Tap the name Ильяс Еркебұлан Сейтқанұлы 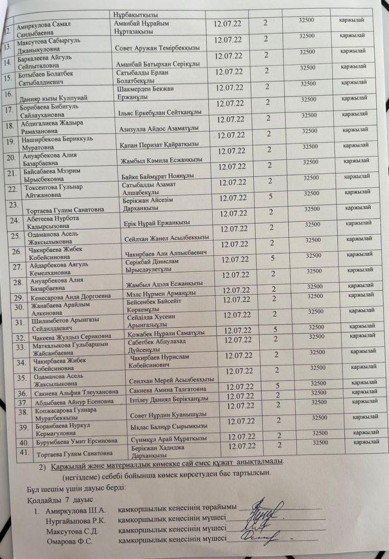coord(157,112)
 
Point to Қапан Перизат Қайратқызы coord(157,144)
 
